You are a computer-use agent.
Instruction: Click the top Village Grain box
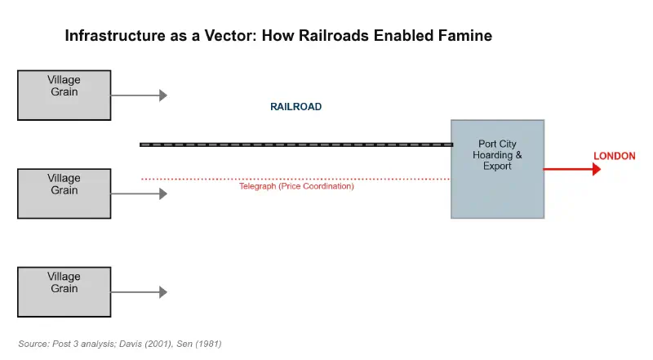click(64, 96)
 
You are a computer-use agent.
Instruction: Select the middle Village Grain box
click(64, 193)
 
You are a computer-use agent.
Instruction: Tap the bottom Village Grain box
click(64, 291)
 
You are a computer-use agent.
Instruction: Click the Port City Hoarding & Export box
click(497, 169)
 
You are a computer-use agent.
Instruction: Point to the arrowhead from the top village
click(163, 96)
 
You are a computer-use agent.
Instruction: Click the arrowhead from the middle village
click(163, 193)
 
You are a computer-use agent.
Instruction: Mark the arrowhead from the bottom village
click(163, 292)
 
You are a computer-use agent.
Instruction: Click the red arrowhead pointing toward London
click(597, 169)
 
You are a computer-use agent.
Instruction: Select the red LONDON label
click(614, 156)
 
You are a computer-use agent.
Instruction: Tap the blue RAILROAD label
click(295, 107)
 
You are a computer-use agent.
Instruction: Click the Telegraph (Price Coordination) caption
click(295, 187)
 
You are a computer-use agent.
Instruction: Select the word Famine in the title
click(464, 36)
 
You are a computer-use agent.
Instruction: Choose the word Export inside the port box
click(497, 166)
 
